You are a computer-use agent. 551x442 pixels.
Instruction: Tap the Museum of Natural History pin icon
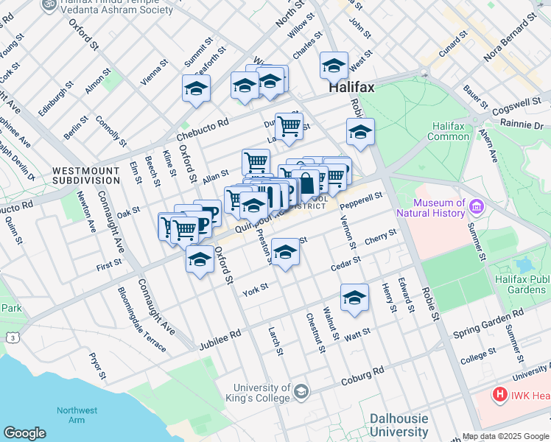point(476,208)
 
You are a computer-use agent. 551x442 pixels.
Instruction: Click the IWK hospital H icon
point(501,395)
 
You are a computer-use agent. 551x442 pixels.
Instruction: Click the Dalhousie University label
point(399,425)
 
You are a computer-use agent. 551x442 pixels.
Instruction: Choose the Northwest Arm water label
point(77,415)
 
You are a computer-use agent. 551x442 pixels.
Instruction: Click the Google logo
point(24,433)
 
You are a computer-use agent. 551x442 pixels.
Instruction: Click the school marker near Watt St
point(354,298)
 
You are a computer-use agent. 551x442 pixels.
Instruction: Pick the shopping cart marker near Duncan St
point(289,126)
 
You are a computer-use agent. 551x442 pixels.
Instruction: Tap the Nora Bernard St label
point(509,37)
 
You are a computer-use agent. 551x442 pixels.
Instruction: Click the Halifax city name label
point(351,87)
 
